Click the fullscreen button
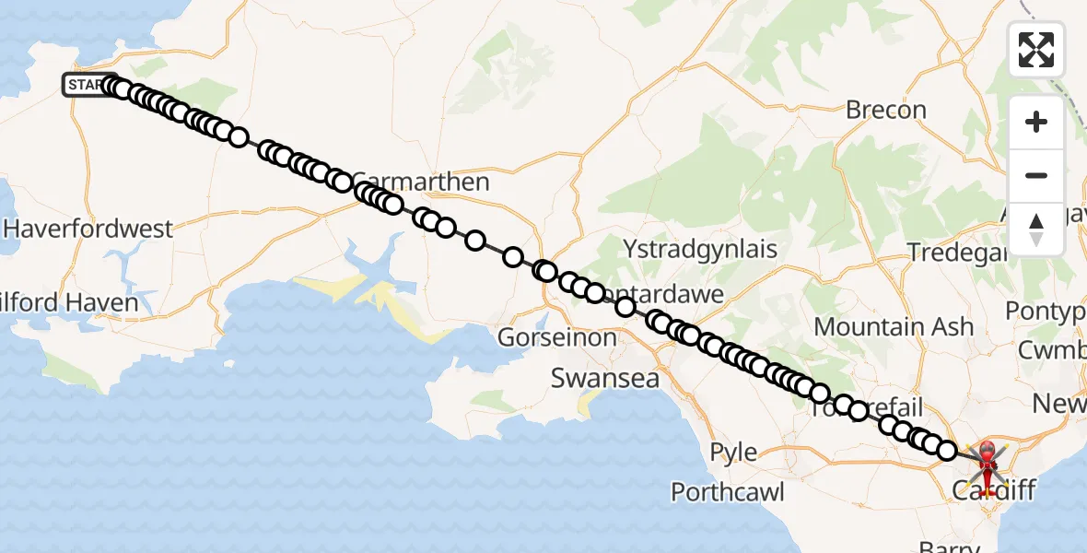1036,49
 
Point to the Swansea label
604,378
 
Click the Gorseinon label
556,338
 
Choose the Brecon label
885,111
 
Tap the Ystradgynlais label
700,250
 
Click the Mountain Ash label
893,326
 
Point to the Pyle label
734,453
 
